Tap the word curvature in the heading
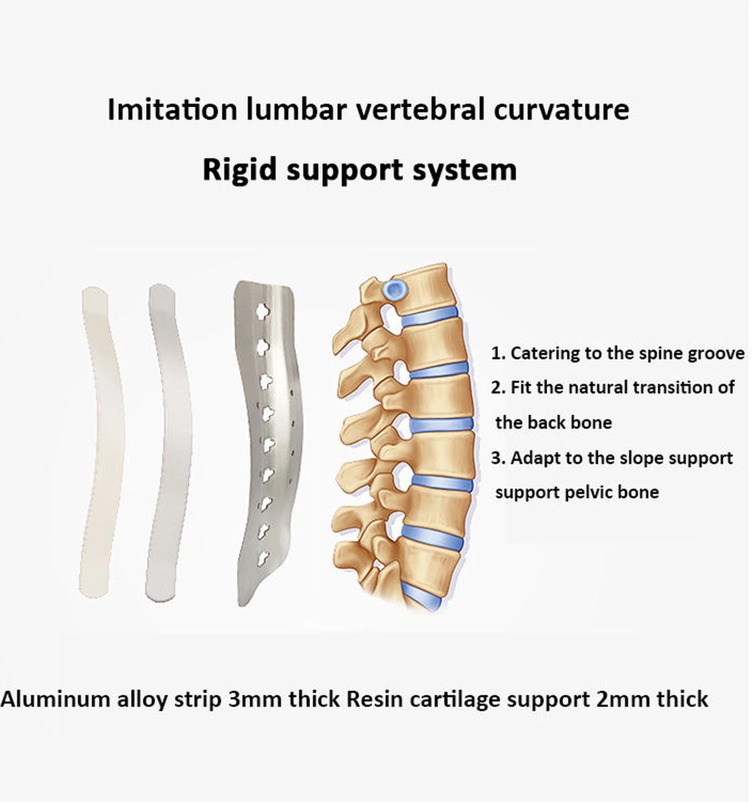point(561,110)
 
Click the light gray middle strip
point(167,441)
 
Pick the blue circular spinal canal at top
point(395,291)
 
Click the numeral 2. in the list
point(498,388)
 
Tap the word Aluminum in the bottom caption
point(55,699)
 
